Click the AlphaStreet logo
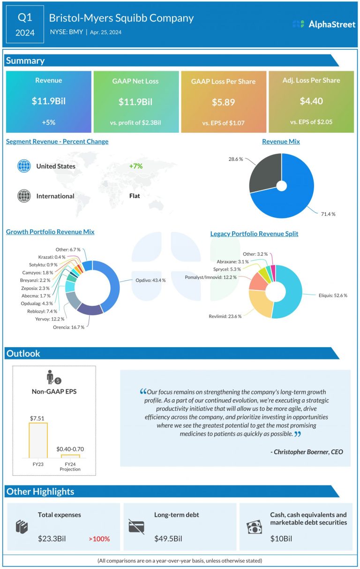point(323,24)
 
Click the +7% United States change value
point(136,166)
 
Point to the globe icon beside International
point(23,196)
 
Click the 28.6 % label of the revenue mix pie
point(235,159)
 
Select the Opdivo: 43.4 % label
point(150,280)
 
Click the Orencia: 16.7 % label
point(68,327)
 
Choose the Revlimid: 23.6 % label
point(225,316)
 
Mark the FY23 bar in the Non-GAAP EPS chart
point(38,440)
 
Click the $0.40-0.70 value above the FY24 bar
point(70,449)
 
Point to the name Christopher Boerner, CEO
point(307,452)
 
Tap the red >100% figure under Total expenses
point(99,539)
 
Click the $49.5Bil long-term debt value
point(168,539)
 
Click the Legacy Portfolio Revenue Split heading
point(254,234)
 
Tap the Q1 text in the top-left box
point(25,18)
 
